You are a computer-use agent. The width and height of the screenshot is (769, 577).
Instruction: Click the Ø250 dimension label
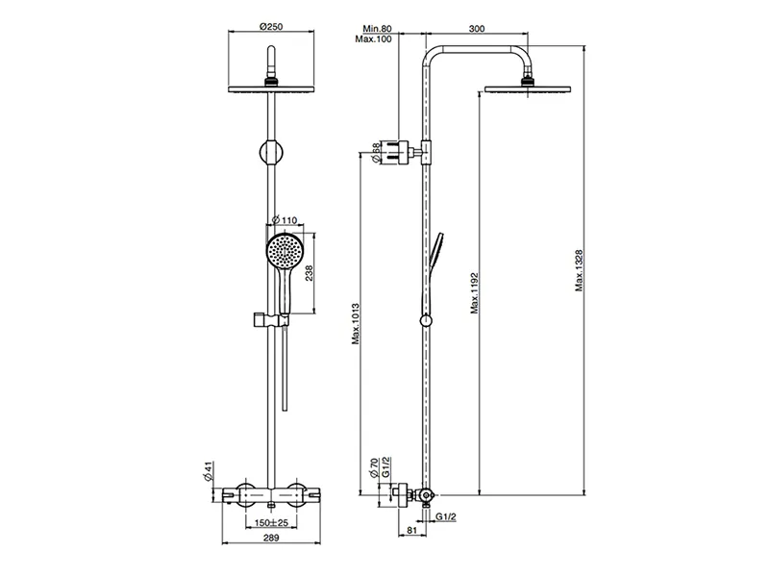(x=271, y=27)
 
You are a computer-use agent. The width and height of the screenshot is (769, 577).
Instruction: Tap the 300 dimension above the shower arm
(x=477, y=29)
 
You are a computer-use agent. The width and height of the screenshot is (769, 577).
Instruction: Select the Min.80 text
(x=377, y=29)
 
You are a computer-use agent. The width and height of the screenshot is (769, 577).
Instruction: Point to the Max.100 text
(x=374, y=39)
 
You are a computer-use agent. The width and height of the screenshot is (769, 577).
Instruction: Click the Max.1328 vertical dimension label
(x=580, y=270)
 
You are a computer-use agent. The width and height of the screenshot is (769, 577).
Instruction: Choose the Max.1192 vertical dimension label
(x=474, y=293)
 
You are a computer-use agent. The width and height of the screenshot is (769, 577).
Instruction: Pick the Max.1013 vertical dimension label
(x=356, y=324)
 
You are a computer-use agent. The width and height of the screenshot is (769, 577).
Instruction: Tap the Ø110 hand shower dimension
(x=284, y=220)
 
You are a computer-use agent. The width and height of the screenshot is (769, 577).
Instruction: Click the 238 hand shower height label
(x=309, y=273)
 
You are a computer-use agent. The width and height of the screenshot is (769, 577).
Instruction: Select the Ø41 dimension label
(x=208, y=470)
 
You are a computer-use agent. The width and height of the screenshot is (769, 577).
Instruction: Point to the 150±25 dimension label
(x=271, y=523)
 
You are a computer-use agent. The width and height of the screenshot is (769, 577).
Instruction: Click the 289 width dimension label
(x=271, y=538)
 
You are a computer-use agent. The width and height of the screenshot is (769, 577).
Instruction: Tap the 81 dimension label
(x=412, y=531)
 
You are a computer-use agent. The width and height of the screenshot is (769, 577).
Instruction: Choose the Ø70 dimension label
(x=374, y=468)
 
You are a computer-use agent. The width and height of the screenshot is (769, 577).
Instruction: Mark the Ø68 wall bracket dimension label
(x=376, y=153)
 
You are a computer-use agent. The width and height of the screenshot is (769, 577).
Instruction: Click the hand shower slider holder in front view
(x=270, y=320)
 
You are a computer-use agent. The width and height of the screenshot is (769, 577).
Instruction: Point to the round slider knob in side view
(x=426, y=321)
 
